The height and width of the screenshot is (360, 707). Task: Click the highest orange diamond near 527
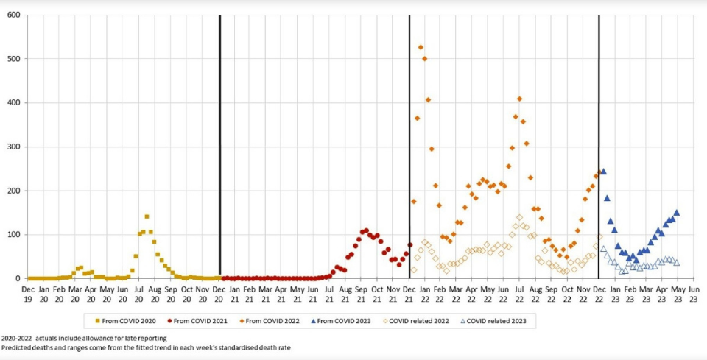[x=421, y=47]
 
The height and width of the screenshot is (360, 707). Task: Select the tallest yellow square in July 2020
[x=147, y=216]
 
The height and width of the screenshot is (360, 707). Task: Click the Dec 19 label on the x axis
[x=28, y=294]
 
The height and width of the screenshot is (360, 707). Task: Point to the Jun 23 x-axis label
[x=693, y=294]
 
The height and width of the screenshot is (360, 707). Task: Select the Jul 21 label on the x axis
[x=328, y=294]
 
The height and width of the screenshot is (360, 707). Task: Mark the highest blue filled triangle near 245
[x=603, y=172]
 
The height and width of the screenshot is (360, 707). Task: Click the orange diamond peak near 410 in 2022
[x=519, y=99]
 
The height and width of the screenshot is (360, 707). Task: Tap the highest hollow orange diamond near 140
[x=519, y=217]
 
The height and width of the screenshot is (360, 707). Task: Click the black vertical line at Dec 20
[x=220, y=147]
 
